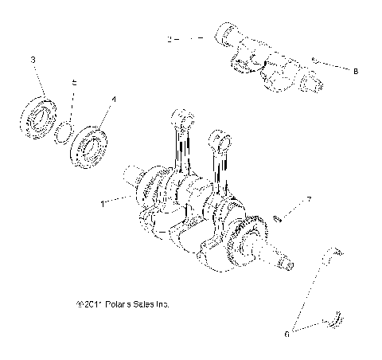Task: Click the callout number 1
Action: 103,203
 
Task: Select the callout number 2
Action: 170,38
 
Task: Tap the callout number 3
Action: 33,60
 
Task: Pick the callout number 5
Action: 74,82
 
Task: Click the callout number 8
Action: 355,71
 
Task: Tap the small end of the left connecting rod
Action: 182,118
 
